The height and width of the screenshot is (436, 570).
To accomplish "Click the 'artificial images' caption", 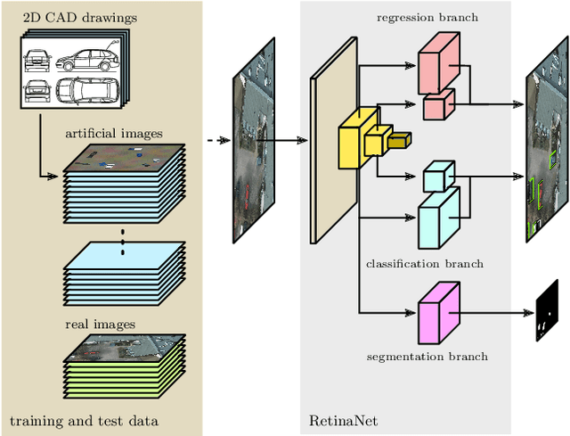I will tap(113, 133).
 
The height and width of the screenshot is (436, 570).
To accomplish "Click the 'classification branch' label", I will tap(425, 264).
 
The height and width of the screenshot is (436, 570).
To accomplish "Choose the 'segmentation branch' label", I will tap(427, 357).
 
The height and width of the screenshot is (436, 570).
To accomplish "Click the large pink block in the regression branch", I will tap(437, 62).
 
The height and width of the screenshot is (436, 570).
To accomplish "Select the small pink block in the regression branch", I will tap(436, 105).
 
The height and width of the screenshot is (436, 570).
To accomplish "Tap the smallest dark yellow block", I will tap(398, 139).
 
